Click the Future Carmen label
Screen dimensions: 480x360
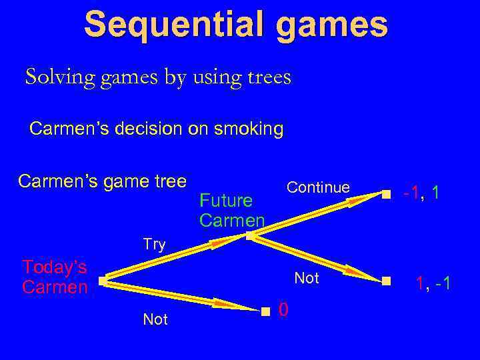[x=231, y=210]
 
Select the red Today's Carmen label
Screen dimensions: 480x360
[x=55, y=277]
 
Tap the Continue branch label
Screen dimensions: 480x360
[x=318, y=188]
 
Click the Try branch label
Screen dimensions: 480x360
[x=154, y=245]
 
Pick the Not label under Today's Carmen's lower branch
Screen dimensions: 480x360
[x=155, y=320]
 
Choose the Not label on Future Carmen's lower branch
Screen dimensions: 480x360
[x=307, y=278]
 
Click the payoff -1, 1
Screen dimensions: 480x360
[x=421, y=193]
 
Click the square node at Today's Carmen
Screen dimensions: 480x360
[x=102, y=281]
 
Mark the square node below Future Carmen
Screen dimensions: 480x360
[x=249, y=235]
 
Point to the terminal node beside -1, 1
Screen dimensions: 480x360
[x=386, y=195]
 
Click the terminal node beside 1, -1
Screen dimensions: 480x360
[x=387, y=281]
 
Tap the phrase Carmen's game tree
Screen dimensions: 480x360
[x=102, y=181]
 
